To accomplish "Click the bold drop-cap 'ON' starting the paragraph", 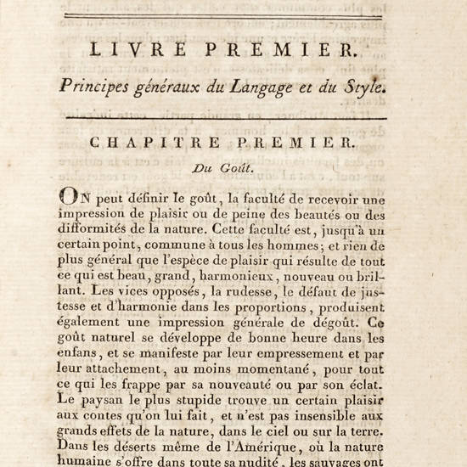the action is [x=73, y=196].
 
